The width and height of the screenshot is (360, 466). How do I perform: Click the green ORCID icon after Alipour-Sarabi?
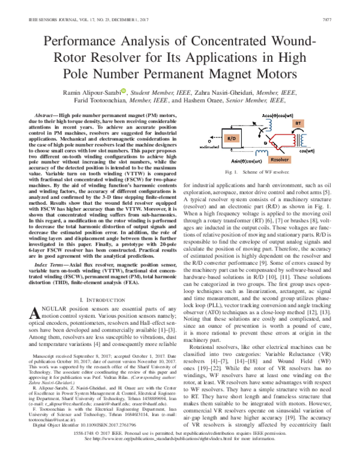coord(123,91)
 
